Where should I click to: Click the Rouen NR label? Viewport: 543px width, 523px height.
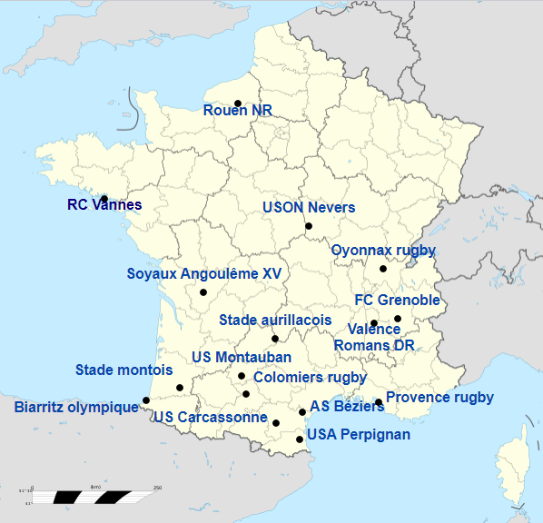click(237, 111)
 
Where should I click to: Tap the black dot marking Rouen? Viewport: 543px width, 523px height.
click(238, 104)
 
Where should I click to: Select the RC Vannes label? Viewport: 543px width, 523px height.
click(104, 205)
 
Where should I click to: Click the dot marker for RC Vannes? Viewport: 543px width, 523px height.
click(104, 198)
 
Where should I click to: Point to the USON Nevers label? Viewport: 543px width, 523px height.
click(309, 208)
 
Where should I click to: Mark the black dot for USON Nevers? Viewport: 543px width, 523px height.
click(309, 226)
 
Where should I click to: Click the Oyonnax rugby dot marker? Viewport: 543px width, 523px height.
click(383, 269)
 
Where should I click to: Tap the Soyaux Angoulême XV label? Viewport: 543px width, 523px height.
click(204, 273)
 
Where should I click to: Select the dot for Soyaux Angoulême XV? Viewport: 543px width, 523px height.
click(203, 292)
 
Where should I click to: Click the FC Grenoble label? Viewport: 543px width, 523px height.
click(397, 300)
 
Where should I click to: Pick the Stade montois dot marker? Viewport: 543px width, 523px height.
click(180, 388)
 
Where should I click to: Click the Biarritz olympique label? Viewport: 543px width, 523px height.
click(76, 407)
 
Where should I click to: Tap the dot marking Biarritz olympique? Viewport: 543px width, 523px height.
click(146, 400)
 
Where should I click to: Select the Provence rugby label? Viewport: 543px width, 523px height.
click(439, 397)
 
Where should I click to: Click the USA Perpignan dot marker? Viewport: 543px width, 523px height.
click(300, 439)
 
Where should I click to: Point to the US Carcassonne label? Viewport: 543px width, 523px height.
click(211, 418)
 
